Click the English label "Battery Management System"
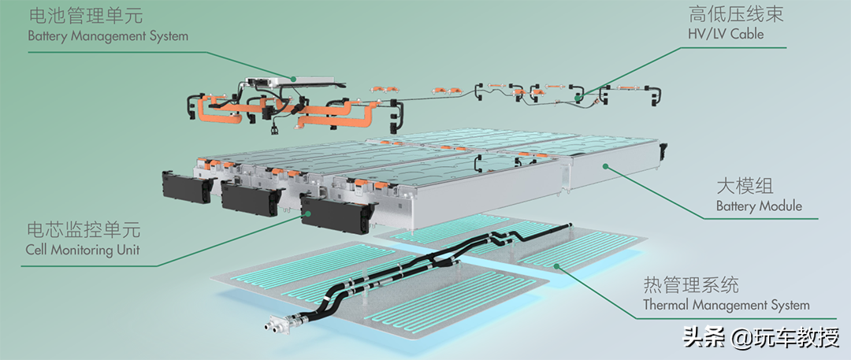tap(108, 36)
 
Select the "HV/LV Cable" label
tap(726, 34)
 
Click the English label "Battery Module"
tap(759, 206)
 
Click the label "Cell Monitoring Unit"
tap(83, 250)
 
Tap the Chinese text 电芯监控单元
tap(83, 230)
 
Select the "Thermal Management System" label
tap(727, 305)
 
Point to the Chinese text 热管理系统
tap(691, 284)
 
